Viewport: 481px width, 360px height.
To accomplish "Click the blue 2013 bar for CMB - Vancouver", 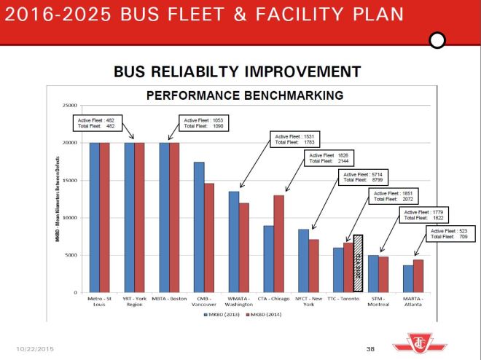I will click(199, 227).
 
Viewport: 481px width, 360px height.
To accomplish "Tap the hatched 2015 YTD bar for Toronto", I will click(358, 263).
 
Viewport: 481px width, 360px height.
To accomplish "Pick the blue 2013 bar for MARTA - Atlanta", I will click(408, 278).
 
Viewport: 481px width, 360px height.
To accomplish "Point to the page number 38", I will click(370, 348).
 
